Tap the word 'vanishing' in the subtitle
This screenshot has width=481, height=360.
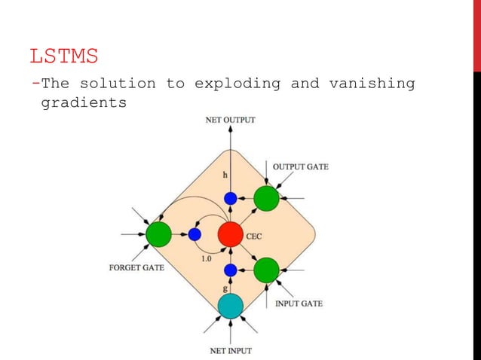coord(372,83)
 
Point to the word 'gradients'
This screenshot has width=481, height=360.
coord(83,102)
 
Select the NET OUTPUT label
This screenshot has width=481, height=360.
coord(230,119)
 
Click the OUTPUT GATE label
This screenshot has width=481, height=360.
coord(300,166)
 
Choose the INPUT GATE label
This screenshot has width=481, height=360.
coord(298,304)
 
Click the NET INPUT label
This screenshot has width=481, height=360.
coord(230,350)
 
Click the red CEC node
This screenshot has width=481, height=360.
coord(230,234)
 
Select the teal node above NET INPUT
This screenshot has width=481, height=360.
coord(230,305)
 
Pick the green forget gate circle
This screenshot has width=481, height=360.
coord(158,234)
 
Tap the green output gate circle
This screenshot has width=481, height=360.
coord(266,199)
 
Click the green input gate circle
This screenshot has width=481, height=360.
coord(266,270)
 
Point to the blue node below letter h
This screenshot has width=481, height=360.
coord(230,199)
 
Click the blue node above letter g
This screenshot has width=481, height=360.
coord(230,270)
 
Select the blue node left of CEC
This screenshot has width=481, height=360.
coord(195,234)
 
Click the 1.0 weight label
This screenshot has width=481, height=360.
coord(206,258)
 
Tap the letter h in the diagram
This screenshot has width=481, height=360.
coord(224,175)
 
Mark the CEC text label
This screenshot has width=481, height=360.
coord(255,236)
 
